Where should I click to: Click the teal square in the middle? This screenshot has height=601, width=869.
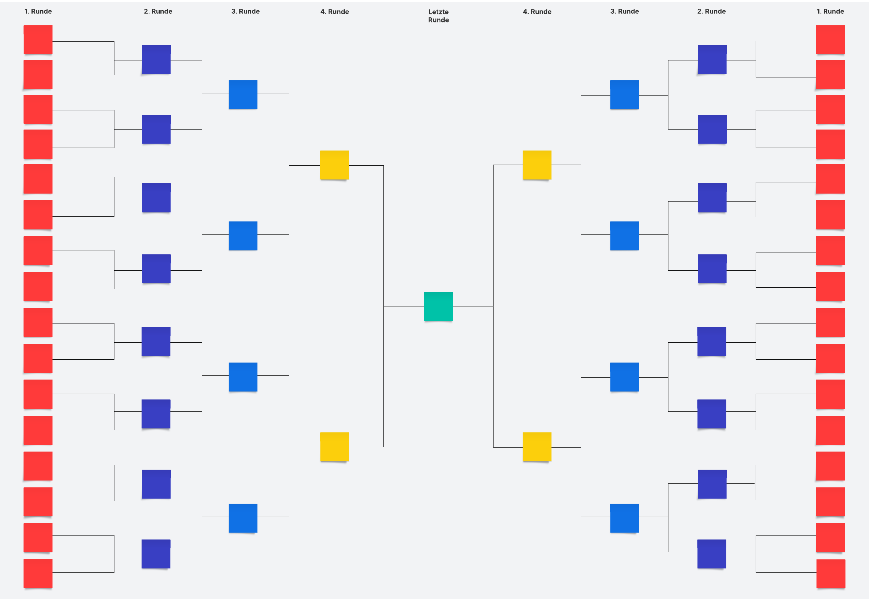pos(438,306)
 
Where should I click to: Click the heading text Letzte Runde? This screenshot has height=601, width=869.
pos(438,16)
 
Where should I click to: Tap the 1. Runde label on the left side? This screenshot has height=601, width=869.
pos(38,11)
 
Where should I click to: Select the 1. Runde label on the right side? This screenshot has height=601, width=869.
pos(830,11)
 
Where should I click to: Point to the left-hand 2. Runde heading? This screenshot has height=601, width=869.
pos(158,11)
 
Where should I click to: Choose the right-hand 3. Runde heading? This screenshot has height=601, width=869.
pos(625,11)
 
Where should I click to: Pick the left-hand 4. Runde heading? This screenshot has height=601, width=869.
pos(335,12)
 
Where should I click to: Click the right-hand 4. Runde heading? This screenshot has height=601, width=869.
pos(537,12)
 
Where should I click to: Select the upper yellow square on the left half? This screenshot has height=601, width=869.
pos(335,165)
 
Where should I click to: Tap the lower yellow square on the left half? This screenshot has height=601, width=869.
pos(335,446)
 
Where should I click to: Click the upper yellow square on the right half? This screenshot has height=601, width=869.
pos(537,165)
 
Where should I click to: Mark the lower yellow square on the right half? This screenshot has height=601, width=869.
pos(537,446)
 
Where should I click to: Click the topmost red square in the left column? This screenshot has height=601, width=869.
pos(38,39)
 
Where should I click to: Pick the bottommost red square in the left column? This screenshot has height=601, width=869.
pos(38,574)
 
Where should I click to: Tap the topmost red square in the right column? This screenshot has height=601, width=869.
pos(831,39)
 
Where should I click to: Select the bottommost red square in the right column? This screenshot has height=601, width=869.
pos(831,574)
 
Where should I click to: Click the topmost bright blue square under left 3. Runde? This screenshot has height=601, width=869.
pos(243,94)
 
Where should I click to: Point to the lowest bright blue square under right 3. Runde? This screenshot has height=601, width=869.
pos(625,518)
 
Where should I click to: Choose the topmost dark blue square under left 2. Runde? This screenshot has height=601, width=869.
pos(156,59)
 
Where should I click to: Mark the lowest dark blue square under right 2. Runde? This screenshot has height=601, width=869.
pos(712,554)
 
